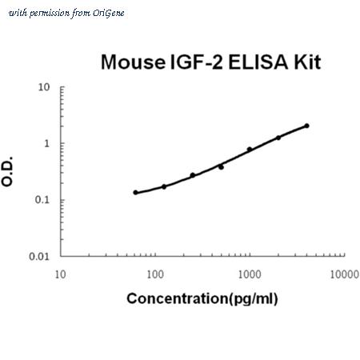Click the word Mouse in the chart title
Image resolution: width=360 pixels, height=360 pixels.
tap(133, 62)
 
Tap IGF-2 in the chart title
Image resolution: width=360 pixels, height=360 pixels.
tap(196, 62)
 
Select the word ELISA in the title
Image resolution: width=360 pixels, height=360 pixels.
tap(258, 62)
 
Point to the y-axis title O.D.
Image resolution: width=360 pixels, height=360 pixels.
tap(7, 171)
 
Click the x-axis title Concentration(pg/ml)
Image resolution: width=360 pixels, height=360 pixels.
tap(202, 298)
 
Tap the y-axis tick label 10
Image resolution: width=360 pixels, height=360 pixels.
tap(44, 87)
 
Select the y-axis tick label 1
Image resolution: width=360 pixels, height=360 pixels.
tap(47, 143)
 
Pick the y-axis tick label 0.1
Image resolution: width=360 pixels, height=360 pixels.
tap(42, 200)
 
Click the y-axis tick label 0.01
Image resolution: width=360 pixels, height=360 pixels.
tap(39, 257)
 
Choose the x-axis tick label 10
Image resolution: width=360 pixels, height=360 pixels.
tap(60, 274)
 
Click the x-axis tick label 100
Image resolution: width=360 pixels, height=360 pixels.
tap(155, 274)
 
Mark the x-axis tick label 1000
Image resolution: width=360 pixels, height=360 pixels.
tap(250, 274)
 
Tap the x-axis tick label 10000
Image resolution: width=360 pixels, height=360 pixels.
tap(344, 274)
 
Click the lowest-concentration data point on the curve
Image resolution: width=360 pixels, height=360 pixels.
tap(135, 193)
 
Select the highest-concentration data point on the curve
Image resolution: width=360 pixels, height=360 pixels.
tap(306, 126)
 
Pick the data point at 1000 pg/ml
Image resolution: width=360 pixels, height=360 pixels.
tap(250, 149)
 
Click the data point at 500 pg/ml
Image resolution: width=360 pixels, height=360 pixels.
tap(221, 167)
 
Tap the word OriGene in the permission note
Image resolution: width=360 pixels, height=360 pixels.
tap(108, 14)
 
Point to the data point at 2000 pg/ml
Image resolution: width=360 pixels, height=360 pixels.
tap(278, 138)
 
